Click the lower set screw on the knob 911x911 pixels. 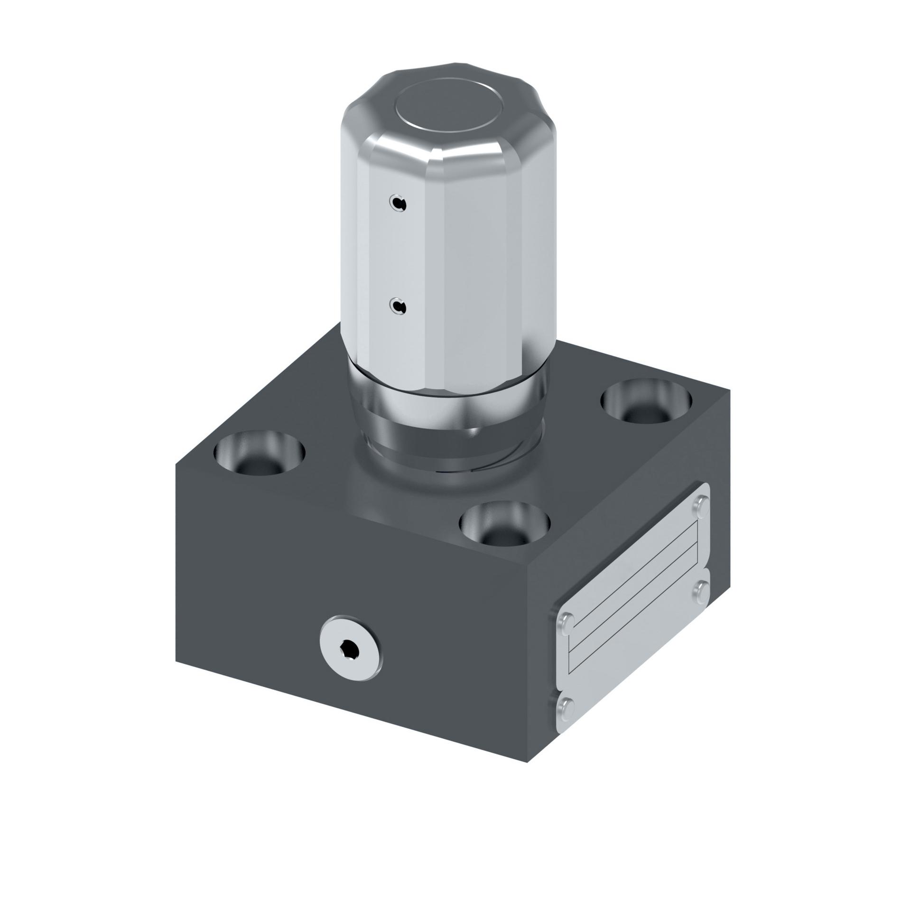(x=398, y=307)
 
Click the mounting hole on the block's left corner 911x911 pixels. (x=259, y=453)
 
